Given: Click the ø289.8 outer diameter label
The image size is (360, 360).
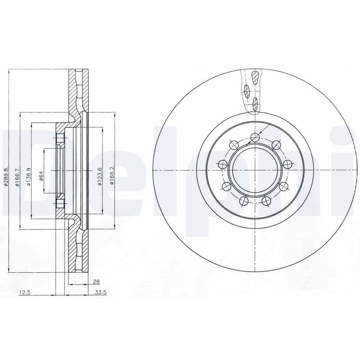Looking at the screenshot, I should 6,177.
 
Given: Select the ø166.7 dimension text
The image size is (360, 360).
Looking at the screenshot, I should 17,177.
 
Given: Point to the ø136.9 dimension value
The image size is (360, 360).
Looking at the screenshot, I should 28,177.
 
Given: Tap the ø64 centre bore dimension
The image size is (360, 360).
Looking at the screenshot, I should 40,175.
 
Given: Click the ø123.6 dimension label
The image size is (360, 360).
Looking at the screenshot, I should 100,176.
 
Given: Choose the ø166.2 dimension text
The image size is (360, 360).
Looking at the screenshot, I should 112,176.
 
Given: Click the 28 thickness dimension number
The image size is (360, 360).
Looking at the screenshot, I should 95,281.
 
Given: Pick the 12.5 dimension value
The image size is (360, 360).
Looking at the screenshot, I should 24,292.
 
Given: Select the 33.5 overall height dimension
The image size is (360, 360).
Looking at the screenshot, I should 101,292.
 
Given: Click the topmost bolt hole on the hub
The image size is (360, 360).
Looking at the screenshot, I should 255,137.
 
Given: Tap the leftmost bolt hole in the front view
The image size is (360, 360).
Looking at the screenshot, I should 222,165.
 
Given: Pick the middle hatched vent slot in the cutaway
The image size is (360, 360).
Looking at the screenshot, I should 247,91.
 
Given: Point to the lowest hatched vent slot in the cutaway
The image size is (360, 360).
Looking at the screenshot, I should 255,104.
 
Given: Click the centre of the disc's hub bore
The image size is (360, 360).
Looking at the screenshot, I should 255,170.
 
